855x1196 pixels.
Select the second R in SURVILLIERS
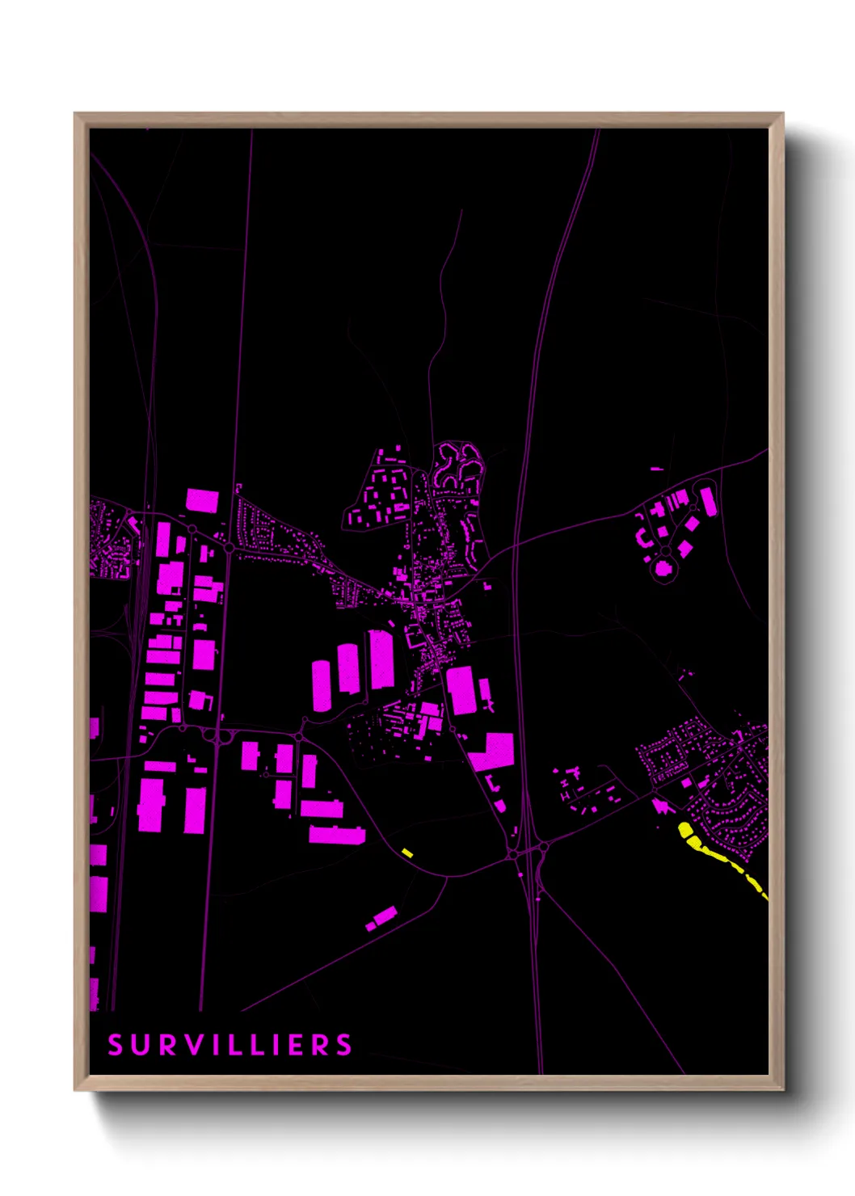[322, 1045]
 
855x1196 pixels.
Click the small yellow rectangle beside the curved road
[407, 853]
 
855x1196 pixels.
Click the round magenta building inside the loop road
[663, 568]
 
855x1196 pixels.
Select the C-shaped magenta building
[642, 537]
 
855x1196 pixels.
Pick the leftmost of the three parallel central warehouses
[321, 685]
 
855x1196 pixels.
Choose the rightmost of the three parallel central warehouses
[381, 659]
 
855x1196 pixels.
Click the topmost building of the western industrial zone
[202, 500]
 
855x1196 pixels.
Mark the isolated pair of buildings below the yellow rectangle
[382, 918]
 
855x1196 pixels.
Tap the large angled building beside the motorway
[491, 751]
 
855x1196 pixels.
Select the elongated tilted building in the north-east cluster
[708, 502]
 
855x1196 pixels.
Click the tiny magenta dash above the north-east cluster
[656, 468]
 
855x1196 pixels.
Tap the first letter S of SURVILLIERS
[115, 1045]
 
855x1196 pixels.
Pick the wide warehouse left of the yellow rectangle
[336, 834]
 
